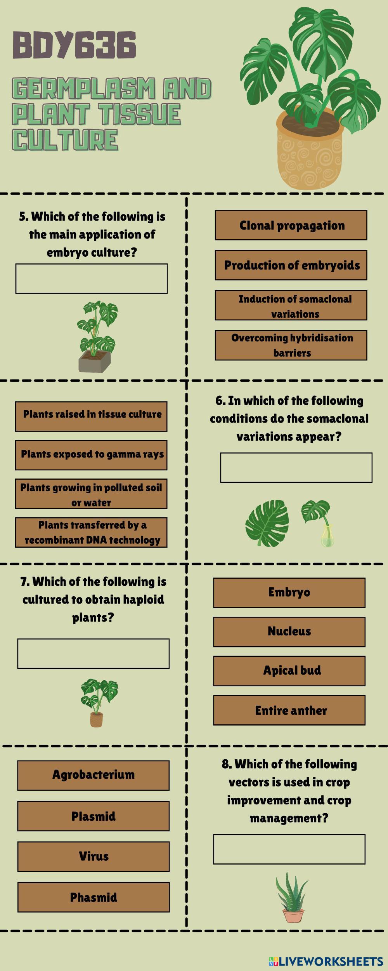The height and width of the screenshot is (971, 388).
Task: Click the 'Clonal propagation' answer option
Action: (x=291, y=225)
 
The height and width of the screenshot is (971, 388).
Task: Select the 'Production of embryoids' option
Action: (x=291, y=265)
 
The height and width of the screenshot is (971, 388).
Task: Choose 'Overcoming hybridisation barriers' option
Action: (x=291, y=345)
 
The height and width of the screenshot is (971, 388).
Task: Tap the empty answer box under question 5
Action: (x=92, y=278)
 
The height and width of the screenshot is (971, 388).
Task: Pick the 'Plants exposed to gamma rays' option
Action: (x=91, y=455)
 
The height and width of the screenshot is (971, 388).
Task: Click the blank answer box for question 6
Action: (x=296, y=467)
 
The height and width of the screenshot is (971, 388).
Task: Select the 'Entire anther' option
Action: (x=289, y=710)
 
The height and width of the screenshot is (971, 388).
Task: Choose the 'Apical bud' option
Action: (x=289, y=671)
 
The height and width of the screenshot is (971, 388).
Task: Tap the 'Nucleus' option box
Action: (x=289, y=632)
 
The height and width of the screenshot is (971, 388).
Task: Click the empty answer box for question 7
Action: (x=93, y=653)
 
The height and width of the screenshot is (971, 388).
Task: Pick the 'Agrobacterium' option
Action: (x=93, y=775)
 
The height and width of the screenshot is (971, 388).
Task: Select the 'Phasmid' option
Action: (x=93, y=897)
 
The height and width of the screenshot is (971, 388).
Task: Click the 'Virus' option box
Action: (x=93, y=856)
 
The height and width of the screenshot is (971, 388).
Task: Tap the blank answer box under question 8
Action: (x=289, y=849)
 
